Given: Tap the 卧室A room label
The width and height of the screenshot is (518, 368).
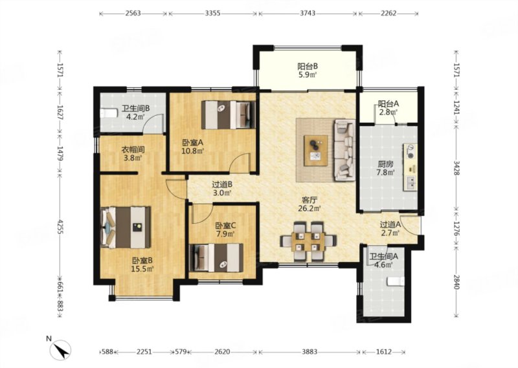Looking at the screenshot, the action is (x=192, y=143).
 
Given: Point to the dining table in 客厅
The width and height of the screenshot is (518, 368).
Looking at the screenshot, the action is (x=308, y=241).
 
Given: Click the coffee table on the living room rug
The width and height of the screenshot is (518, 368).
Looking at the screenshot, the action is (x=316, y=151).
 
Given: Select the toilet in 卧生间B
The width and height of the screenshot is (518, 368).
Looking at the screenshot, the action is (x=109, y=113).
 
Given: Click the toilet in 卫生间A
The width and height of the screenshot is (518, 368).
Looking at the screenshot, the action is (x=396, y=281).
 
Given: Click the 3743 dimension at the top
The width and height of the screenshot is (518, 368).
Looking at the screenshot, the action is (x=308, y=14).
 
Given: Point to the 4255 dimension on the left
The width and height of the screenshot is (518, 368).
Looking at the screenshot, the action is (x=60, y=227).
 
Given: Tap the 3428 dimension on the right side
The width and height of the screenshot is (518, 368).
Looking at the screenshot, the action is (x=456, y=168).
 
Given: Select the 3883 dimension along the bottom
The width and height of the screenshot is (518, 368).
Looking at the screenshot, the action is (x=310, y=352).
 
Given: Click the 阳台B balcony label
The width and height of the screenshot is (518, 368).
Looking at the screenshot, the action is (x=307, y=66).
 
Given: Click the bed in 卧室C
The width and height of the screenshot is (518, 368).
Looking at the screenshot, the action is (x=216, y=258).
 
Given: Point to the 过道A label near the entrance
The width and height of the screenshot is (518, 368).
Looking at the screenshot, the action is (x=390, y=224).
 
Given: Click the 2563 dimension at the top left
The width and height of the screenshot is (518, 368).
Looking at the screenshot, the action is (x=133, y=14).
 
